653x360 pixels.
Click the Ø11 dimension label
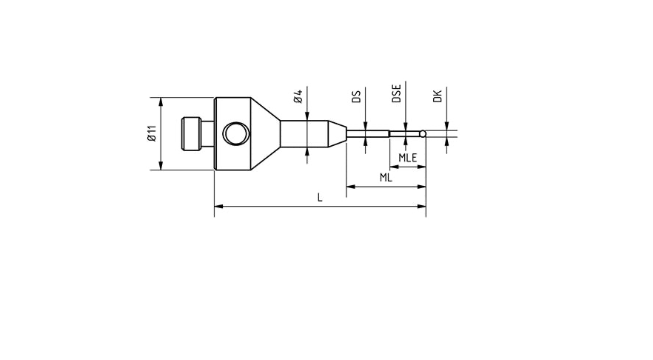pyautogui.click(x=151, y=133)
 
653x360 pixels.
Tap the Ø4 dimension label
pyautogui.click(x=298, y=97)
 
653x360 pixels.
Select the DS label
pyautogui.click(x=356, y=96)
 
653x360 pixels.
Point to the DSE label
pyautogui.click(x=397, y=93)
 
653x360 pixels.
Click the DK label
pyautogui.click(x=438, y=96)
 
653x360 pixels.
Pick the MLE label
pyautogui.click(x=407, y=158)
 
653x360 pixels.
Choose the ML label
pyautogui.click(x=386, y=178)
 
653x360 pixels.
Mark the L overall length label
pyautogui.click(x=320, y=198)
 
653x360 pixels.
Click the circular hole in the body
pyautogui.click(x=238, y=133)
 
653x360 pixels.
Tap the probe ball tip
pyautogui.click(x=423, y=134)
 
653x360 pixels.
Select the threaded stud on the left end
pyautogui.click(x=192, y=133)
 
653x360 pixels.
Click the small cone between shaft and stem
pyautogui.click(x=337, y=134)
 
